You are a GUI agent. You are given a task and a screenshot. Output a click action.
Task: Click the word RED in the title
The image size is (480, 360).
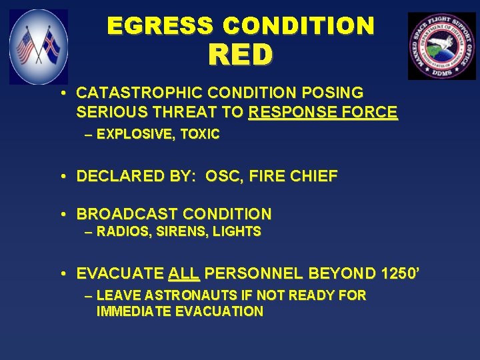pyautogui.click(x=240, y=55)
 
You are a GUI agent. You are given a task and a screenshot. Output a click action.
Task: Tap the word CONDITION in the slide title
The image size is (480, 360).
pyautogui.click(x=299, y=26)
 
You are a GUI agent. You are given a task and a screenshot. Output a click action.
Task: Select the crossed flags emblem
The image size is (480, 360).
pyautogui.click(x=38, y=47)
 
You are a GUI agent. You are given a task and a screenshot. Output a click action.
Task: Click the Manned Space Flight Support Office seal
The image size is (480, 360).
pyautogui.click(x=441, y=46)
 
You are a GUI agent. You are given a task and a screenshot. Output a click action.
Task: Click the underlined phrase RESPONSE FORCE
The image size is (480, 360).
pyautogui.click(x=323, y=113)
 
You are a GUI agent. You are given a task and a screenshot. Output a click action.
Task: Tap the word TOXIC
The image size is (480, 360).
pyautogui.click(x=199, y=135)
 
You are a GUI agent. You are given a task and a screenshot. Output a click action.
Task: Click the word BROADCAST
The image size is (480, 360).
pyautogui.click(x=127, y=215)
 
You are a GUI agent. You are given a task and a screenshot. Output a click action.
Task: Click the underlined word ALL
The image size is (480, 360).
pyautogui.click(x=184, y=273)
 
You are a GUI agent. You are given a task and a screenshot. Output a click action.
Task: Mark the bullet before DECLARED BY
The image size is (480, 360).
pyautogui.click(x=61, y=177)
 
